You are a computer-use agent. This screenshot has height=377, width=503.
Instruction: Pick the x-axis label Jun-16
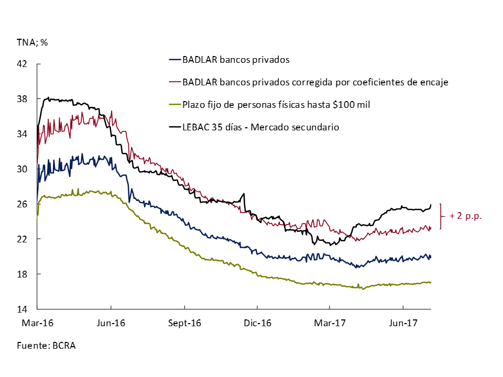[111, 323]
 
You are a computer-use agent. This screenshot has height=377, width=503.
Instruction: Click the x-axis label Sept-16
[184, 323]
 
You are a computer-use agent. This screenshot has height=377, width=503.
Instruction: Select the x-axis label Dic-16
[257, 323]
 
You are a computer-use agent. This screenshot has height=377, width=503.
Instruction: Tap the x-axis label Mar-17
[329, 323]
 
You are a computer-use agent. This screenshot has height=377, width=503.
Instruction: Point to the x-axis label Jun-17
[402, 323]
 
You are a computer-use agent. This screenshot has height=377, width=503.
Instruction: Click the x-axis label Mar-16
[37, 323]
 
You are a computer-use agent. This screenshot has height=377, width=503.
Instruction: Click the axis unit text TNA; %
[32, 42]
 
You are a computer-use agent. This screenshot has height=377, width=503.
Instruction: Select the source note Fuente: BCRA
[46, 346]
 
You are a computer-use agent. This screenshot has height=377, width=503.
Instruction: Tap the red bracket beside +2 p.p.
[442, 216]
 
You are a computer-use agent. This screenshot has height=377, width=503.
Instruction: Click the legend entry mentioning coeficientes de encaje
[314, 82]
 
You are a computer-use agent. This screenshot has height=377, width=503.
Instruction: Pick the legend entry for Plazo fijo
[276, 105]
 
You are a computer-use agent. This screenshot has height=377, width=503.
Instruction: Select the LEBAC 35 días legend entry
[260, 127]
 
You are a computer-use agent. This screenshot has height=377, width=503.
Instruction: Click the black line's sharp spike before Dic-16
[244, 194]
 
